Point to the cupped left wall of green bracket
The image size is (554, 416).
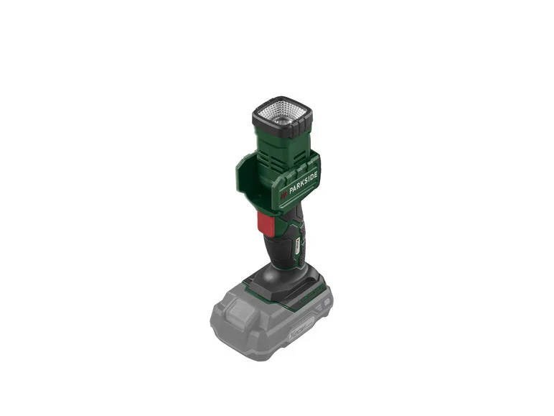pyautogui.click(x=247, y=180)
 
